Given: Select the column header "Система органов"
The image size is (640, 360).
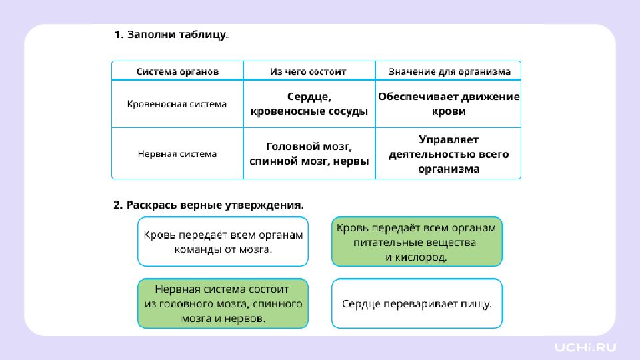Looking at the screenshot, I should (x=177, y=71).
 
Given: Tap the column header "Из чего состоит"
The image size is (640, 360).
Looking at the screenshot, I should (x=309, y=71).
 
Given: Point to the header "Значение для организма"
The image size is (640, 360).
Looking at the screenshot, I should (x=449, y=71).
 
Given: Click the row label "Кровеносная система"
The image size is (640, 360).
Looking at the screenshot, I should (x=177, y=104).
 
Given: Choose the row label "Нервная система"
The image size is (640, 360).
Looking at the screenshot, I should (x=177, y=154).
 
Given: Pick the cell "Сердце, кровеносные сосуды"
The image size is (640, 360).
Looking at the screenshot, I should (x=309, y=104).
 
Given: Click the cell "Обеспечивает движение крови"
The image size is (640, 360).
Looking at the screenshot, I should (x=449, y=104).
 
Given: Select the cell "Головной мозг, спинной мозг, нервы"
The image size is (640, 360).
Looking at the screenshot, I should (x=309, y=154).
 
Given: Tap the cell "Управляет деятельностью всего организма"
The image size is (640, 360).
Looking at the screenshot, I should (x=449, y=154).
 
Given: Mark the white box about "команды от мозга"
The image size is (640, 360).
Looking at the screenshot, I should (x=223, y=242).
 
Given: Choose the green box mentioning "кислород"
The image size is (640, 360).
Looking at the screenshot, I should (x=417, y=242).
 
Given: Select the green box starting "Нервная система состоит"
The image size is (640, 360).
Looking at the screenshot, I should (x=223, y=304).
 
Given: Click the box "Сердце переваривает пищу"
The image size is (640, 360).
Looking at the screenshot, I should (x=417, y=304).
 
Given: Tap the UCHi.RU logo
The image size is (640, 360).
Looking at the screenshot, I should (x=586, y=347).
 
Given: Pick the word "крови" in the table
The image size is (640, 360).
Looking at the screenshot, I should (x=449, y=111).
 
